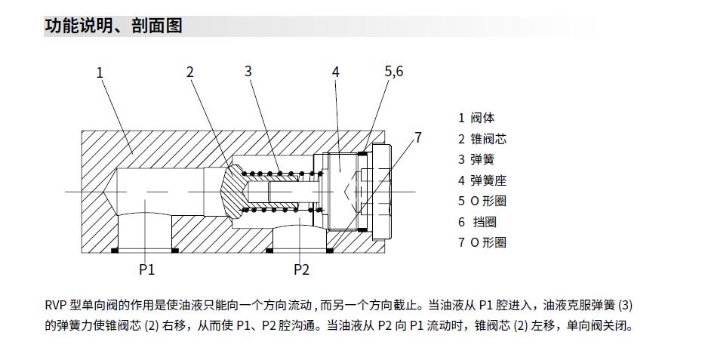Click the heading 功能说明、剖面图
tap(113, 26)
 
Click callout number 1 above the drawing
tap(100, 72)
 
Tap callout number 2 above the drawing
tap(190, 72)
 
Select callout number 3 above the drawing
tap(248, 72)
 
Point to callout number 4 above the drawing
tap(335, 72)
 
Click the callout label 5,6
tap(394, 72)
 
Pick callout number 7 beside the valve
tap(417, 137)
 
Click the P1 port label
tap(146, 269)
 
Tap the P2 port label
tap(301, 269)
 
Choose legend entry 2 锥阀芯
tap(482, 139)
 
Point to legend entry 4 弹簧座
tap(482, 180)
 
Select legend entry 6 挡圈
tap(477, 222)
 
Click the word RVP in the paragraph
tap(56, 306)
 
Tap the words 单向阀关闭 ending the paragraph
tap(595, 326)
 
